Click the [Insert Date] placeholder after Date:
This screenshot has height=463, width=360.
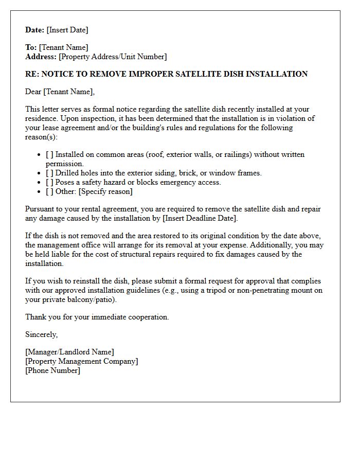pyautogui.click(x=67, y=30)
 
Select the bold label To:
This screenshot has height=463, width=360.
pyautogui.click(x=31, y=47)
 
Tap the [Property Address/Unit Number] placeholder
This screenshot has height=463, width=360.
pyautogui.click(x=113, y=57)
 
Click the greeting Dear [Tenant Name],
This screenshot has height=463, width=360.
pyautogui.click(x=60, y=92)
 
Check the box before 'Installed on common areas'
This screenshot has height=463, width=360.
pyautogui.click(x=49, y=154)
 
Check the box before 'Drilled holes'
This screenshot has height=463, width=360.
pyautogui.click(x=49, y=173)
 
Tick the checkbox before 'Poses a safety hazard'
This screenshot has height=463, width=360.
pyautogui.click(x=49, y=182)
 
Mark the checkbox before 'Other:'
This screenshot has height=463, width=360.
pyautogui.click(x=49, y=191)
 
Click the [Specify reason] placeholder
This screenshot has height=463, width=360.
pyautogui.click(x=105, y=191)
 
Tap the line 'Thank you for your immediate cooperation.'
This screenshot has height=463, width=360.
pyautogui.click(x=97, y=317)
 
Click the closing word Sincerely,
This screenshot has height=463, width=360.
pyautogui.click(x=42, y=334)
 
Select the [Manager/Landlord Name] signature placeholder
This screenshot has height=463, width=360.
pyautogui.click(x=69, y=352)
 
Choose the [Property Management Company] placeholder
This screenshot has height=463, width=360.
pyautogui.click(x=81, y=361)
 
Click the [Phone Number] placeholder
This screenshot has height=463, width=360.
pyautogui.click(x=52, y=370)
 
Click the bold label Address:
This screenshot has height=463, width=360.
pyautogui.click(x=41, y=57)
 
